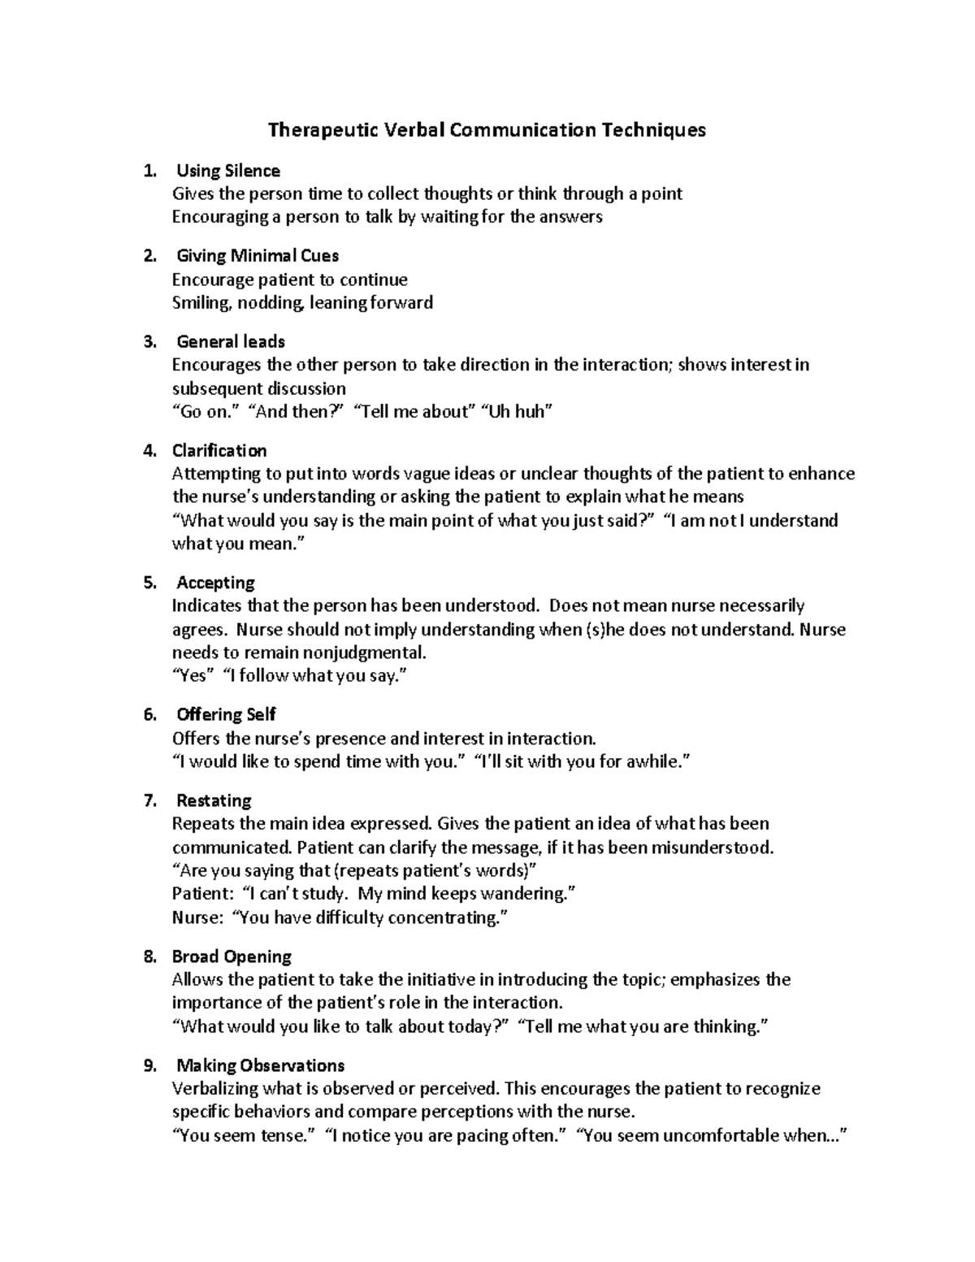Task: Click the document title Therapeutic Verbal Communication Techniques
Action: [x=487, y=130]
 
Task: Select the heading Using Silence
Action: [x=228, y=171]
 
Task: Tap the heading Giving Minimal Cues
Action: [x=258, y=256]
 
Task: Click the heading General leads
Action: [x=231, y=341]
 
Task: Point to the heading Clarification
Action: [x=219, y=450]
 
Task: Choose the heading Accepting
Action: [x=215, y=583]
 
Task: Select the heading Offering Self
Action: [x=226, y=715]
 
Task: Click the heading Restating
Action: [x=214, y=800]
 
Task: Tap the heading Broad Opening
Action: [x=232, y=956]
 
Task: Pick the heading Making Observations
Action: [x=260, y=1065]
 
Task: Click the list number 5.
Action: [x=149, y=583]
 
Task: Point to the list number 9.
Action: [x=149, y=1065]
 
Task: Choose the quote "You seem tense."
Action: [x=244, y=1135]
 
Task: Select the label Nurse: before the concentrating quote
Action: [x=197, y=918]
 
